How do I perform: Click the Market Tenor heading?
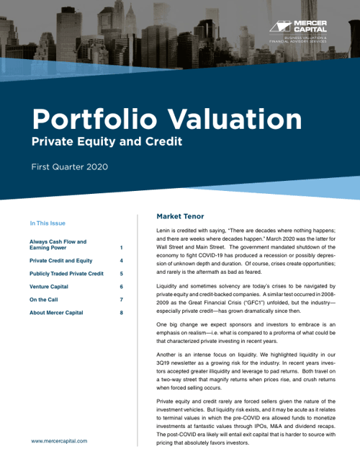(x=180, y=215)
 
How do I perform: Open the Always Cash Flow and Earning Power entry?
(x=58, y=245)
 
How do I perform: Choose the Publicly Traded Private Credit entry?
(x=66, y=274)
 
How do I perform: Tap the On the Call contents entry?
(x=45, y=300)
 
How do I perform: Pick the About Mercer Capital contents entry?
(x=56, y=313)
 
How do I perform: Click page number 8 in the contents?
(x=122, y=313)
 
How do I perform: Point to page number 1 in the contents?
(x=122, y=248)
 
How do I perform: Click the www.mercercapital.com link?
(x=59, y=440)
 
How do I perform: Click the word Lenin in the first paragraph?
(x=165, y=228)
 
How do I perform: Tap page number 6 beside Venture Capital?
(x=122, y=287)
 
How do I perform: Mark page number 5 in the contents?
(x=122, y=274)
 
